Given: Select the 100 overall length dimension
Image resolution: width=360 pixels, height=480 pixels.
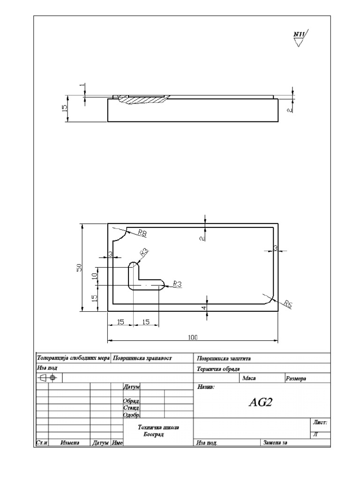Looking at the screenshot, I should tap(193, 337).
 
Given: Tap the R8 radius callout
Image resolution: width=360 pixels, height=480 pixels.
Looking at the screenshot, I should tap(142, 232).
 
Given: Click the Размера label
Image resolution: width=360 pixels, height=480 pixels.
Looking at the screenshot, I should tap(295, 378).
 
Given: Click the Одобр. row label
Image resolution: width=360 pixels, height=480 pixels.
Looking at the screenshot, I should tap(132, 415).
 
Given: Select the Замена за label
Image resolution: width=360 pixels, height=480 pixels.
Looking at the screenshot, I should tap(276, 442).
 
